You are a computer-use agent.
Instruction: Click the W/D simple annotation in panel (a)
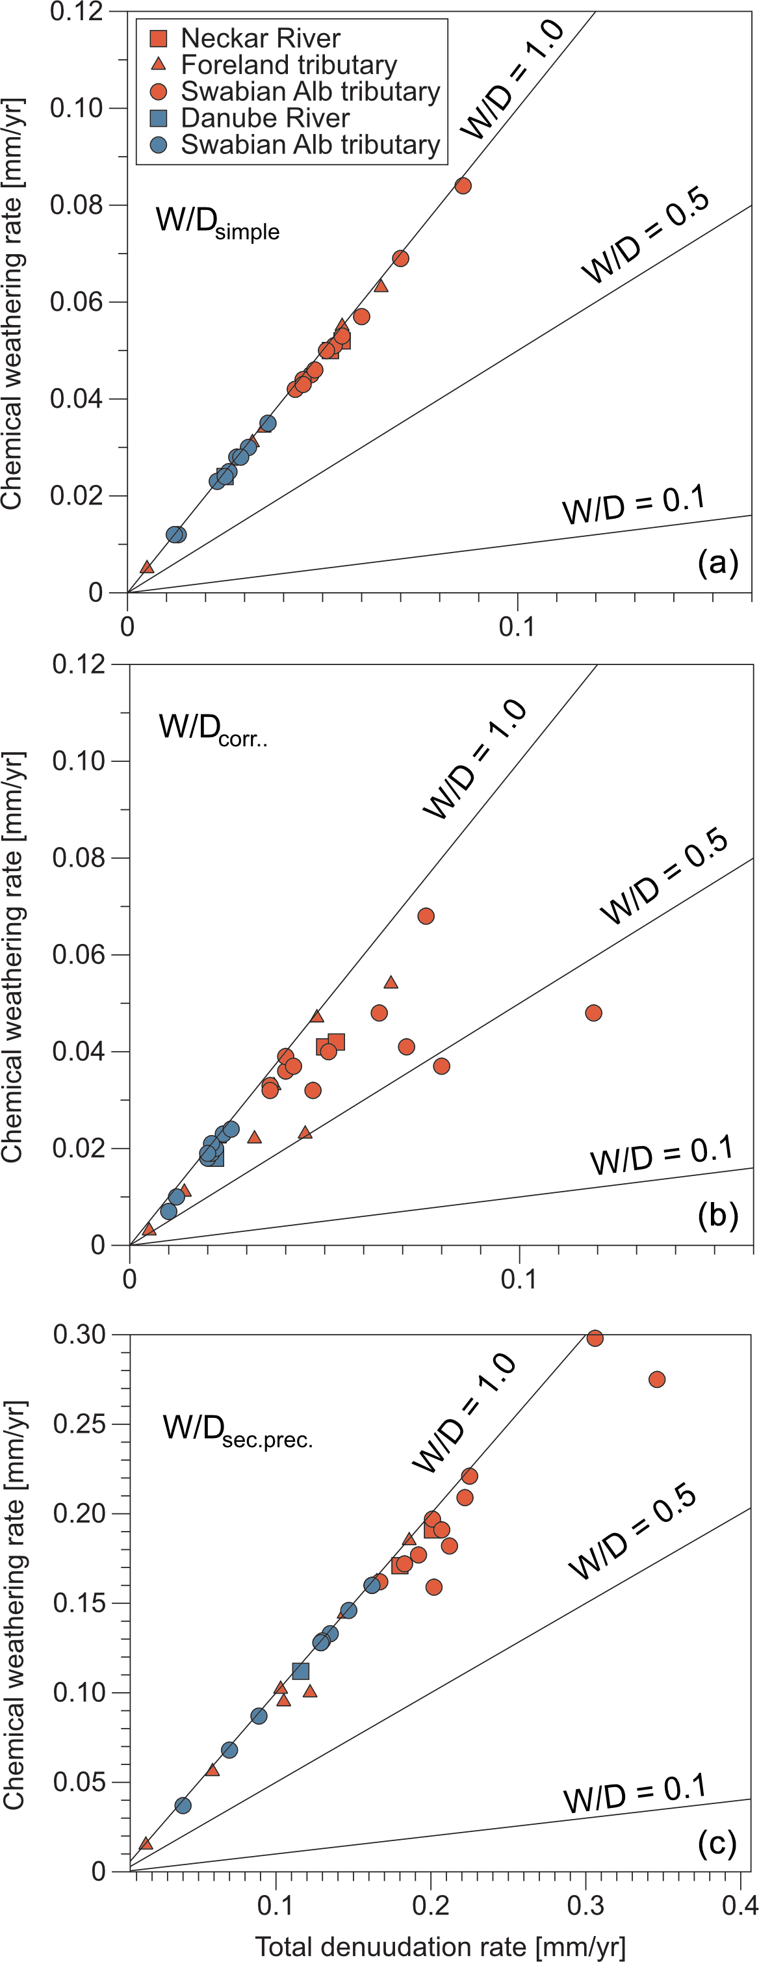[x=217, y=222]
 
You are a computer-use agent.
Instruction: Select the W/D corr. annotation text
[x=212, y=729]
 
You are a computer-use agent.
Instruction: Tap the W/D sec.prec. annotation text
[x=238, y=1428]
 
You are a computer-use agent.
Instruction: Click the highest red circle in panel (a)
[x=463, y=186]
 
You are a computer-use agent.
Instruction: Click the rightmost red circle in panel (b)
[x=594, y=1013]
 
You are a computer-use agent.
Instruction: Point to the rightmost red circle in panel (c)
[x=657, y=1380]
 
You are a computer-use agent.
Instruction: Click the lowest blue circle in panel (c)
[x=183, y=1805]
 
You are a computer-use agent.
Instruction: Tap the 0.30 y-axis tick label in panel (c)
[x=79, y=1335]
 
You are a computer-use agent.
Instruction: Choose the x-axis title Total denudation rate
[x=440, y=1946]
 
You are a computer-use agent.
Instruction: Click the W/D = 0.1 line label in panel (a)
[x=634, y=504]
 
